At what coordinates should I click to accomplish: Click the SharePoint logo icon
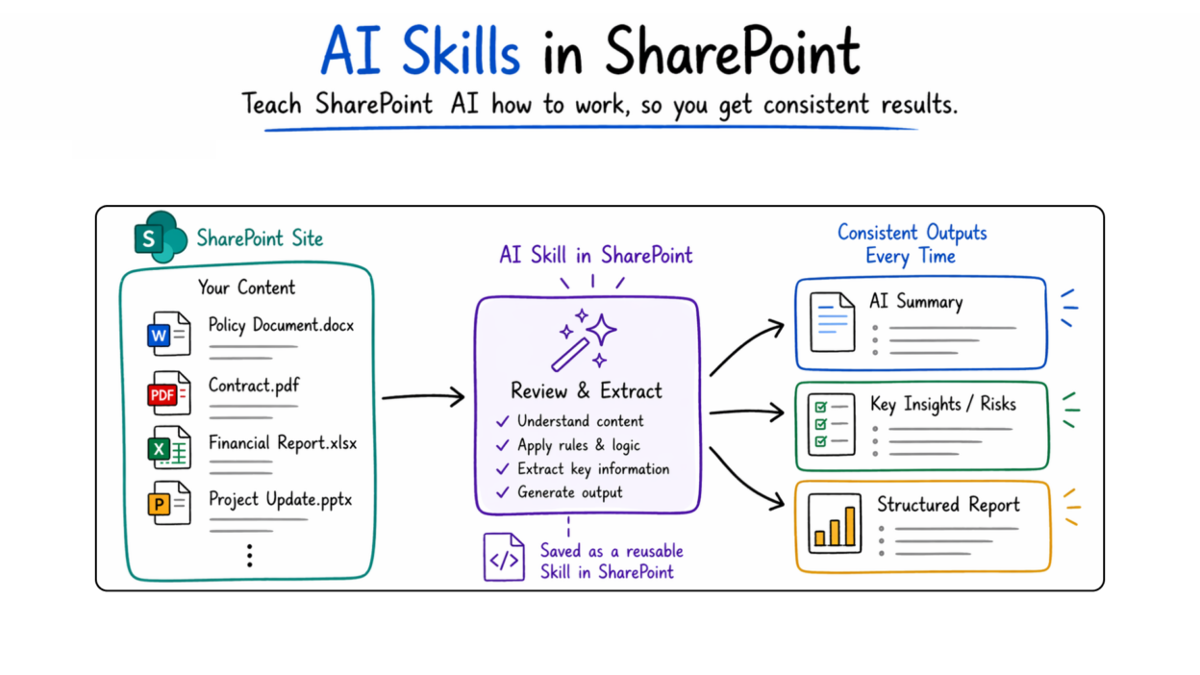[160, 237]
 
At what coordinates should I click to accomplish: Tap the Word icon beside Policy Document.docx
[169, 334]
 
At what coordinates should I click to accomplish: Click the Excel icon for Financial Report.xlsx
[169, 448]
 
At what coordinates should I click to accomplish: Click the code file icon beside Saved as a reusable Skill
[504, 558]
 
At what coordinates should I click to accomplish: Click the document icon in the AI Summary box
[833, 322]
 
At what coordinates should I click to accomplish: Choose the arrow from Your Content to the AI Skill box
[423, 395]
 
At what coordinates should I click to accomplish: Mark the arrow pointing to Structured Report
[747, 475]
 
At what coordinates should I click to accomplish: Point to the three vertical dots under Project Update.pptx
[249, 556]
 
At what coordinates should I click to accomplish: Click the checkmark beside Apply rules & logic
[502, 445]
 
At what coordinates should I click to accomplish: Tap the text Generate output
[569, 492]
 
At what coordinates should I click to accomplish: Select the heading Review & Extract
[587, 391]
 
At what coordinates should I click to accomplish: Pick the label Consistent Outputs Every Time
[912, 244]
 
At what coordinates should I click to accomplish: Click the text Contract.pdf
[255, 386]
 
